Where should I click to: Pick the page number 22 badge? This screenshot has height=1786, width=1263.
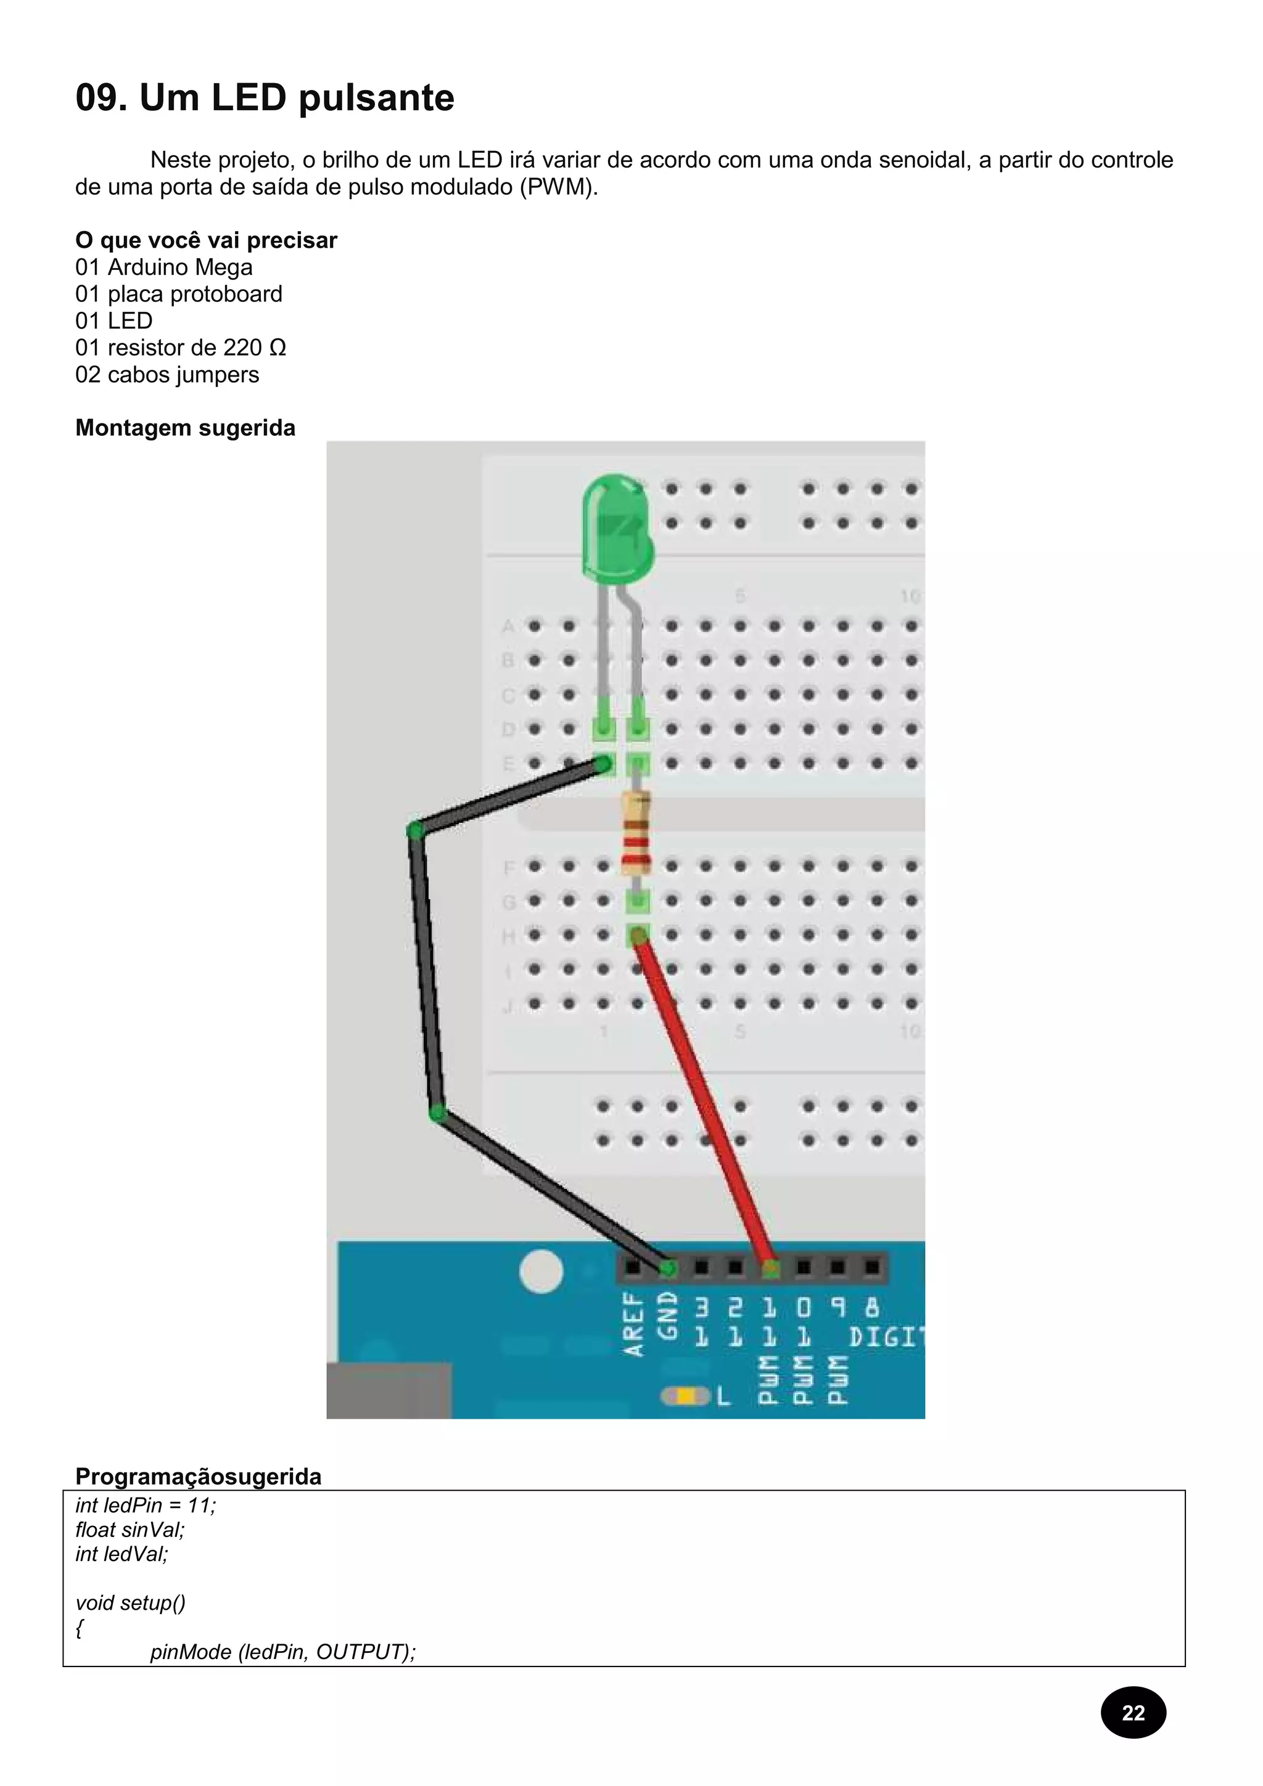[x=1133, y=1712]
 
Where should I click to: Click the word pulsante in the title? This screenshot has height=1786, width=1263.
[x=376, y=99]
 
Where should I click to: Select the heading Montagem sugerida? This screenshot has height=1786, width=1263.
[x=185, y=428]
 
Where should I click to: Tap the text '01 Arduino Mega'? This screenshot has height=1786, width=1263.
[x=163, y=267]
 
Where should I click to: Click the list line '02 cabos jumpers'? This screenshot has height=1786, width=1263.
[x=167, y=375]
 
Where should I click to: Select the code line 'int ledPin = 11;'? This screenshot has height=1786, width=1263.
[x=146, y=1505]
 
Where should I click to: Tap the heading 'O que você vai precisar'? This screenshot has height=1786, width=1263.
[x=206, y=240]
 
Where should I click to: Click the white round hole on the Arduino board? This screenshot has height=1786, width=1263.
[x=541, y=1272]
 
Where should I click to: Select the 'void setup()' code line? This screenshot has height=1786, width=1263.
[x=130, y=1602]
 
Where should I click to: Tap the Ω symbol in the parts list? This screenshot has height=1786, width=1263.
[x=277, y=348]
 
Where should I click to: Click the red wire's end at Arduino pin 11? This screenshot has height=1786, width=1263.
[x=770, y=1270]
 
